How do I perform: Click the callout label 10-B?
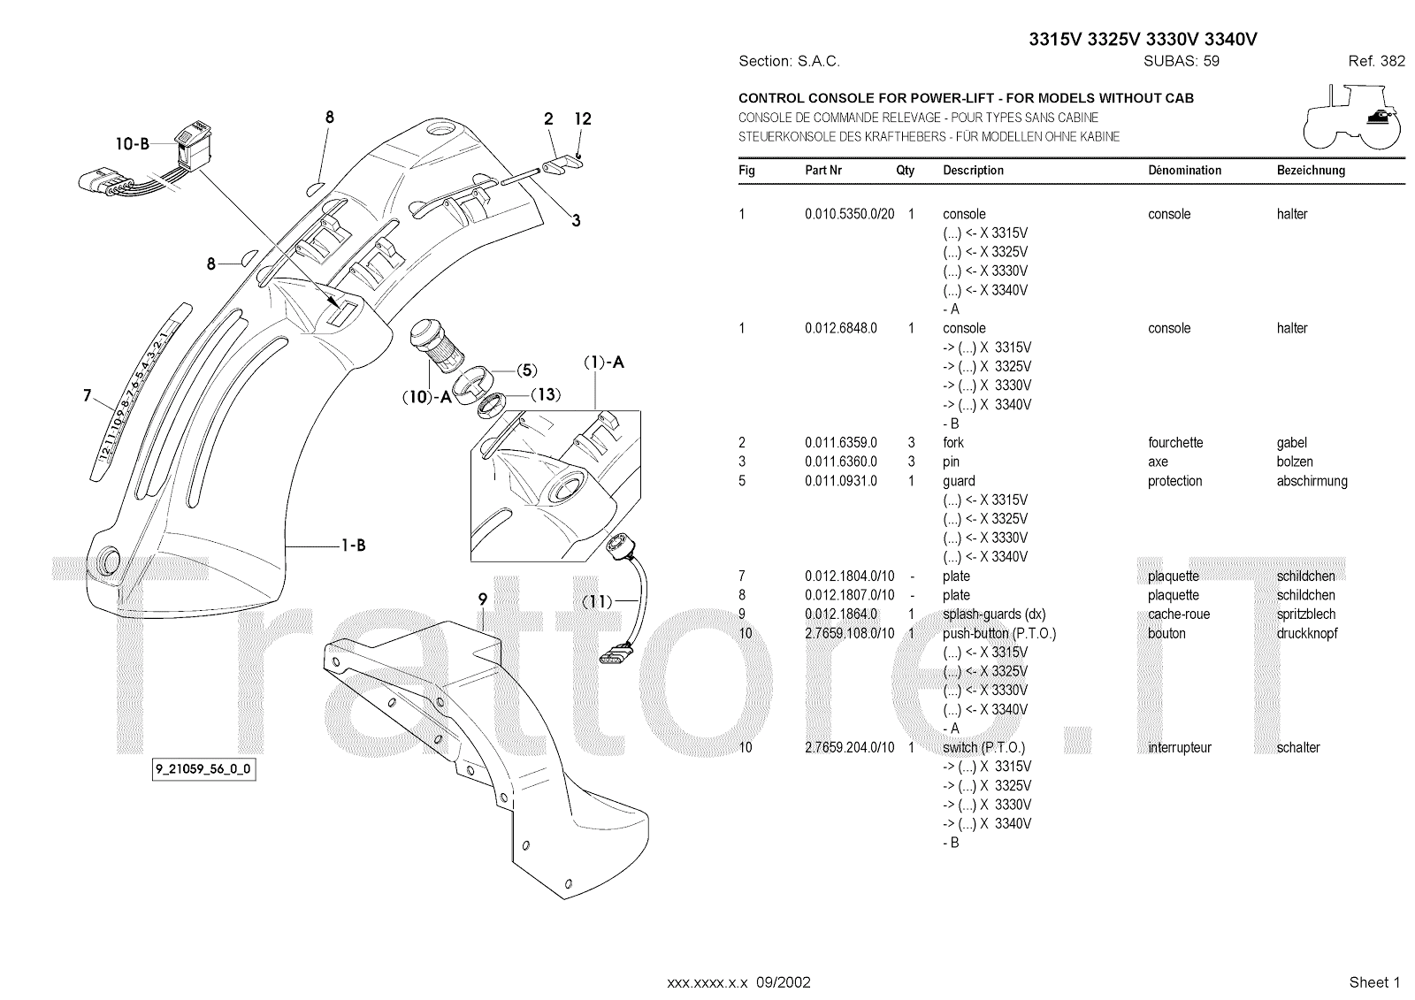pyautogui.click(x=132, y=144)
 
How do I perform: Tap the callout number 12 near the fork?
pyautogui.click(x=583, y=119)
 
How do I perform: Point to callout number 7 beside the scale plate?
pyautogui.click(x=88, y=395)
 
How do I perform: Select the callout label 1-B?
pyautogui.click(x=353, y=546)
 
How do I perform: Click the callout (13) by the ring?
pyautogui.click(x=547, y=394)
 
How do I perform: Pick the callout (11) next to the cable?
pyautogui.click(x=598, y=601)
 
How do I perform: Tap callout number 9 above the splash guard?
pyautogui.click(x=483, y=599)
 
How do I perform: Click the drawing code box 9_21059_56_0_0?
pyautogui.click(x=203, y=769)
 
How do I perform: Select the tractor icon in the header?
pyautogui.click(x=1351, y=117)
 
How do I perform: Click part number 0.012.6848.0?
pyautogui.click(x=840, y=328)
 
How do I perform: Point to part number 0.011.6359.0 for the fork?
pyautogui.click(x=840, y=442)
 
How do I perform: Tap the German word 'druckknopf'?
pyautogui.click(x=1307, y=633)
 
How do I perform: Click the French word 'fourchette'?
pyautogui.click(x=1175, y=442)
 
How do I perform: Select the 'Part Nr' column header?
pyautogui.click(x=822, y=170)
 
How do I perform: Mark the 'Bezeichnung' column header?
pyautogui.click(x=1311, y=170)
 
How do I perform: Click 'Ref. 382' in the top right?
pyautogui.click(x=1376, y=61)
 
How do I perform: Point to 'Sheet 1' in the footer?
pyautogui.click(x=1374, y=982)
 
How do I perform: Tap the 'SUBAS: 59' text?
pyautogui.click(x=1181, y=61)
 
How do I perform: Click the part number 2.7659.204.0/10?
pyautogui.click(x=849, y=747)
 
